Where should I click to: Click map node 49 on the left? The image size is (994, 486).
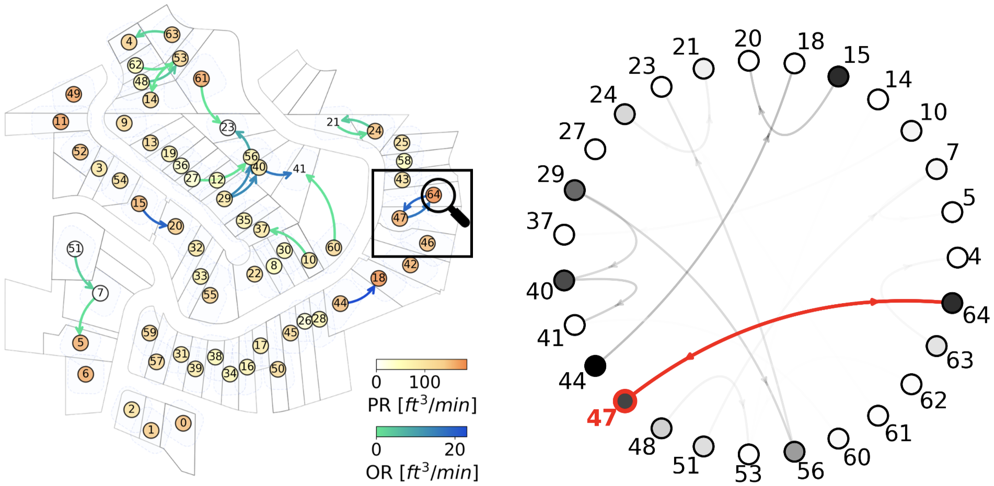[x=74, y=94]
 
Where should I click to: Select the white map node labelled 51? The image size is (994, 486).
[x=75, y=248]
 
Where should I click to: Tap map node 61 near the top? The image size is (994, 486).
[x=201, y=78]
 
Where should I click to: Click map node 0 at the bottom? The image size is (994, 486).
[x=183, y=423]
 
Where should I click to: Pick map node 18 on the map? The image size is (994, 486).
[x=379, y=278]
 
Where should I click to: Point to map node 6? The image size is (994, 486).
[x=86, y=374]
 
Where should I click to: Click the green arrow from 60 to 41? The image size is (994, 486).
[x=328, y=204]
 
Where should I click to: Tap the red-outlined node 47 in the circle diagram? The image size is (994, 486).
[x=625, y=401]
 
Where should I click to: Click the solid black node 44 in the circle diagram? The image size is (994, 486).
[x=595, y=365]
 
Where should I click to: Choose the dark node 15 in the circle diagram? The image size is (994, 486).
[x=838, y=76]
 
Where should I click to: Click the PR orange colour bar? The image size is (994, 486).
[x=421, y=364]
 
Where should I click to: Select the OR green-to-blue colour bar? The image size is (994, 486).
[x=421, y=432]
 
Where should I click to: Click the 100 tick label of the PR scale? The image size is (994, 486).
[x=424, y=382]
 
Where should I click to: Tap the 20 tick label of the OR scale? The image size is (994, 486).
[x=455, y=449]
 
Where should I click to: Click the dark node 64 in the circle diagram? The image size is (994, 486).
[x=952, y=303]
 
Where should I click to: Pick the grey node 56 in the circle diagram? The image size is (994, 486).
[x=794, y=451]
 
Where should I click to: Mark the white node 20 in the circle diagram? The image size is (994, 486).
[x=749, y=61]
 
